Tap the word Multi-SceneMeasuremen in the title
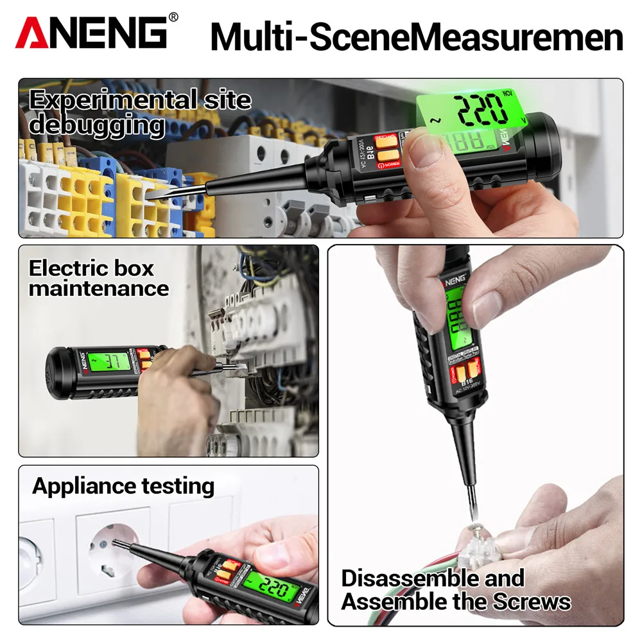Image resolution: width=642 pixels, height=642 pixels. [417, 37]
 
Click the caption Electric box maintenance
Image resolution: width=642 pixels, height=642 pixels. [98, 278]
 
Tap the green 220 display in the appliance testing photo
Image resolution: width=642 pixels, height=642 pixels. [263, 584]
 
